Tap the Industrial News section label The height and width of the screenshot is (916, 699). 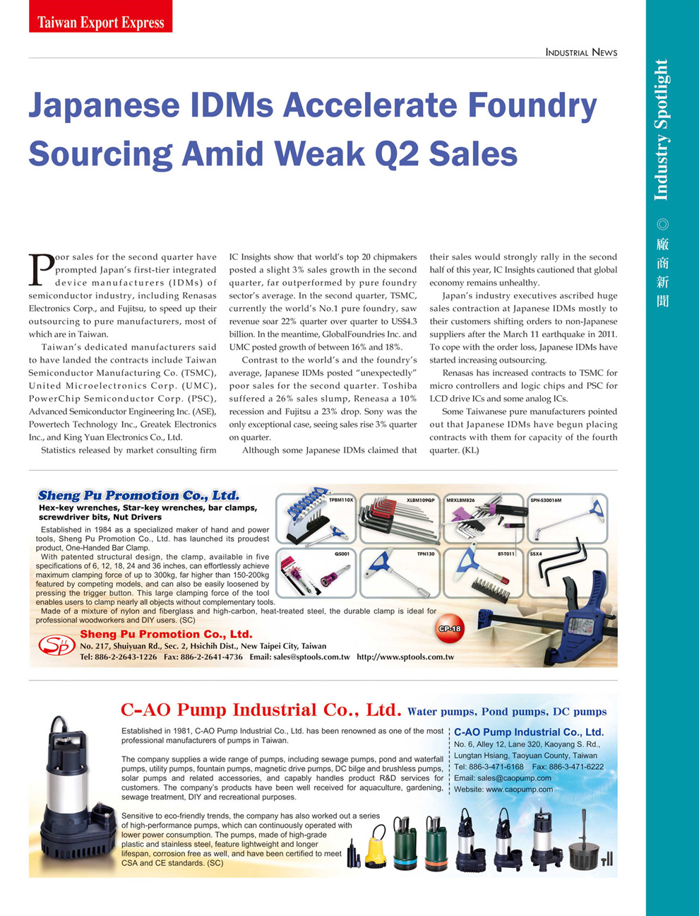coord(581,52)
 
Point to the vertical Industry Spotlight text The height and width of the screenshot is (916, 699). coord(661,130)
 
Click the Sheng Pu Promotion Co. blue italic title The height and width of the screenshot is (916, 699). coord(138,495)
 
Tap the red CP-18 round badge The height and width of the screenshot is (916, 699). coord(450,628)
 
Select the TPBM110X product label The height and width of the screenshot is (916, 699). coord(341,500)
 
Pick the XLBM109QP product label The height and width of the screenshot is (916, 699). coord(422,500)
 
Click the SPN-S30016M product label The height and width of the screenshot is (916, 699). coord(546,500)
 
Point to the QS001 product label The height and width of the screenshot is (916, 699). coord(342,555)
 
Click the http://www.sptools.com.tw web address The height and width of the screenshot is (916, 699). coord(405,657)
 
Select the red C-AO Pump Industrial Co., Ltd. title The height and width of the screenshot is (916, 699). coord(261,710)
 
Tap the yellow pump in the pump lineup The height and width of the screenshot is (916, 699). coord(376,848)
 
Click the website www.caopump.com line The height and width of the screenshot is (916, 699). coord(503,789)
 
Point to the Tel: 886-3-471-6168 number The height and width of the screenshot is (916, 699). coord(489,766)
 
